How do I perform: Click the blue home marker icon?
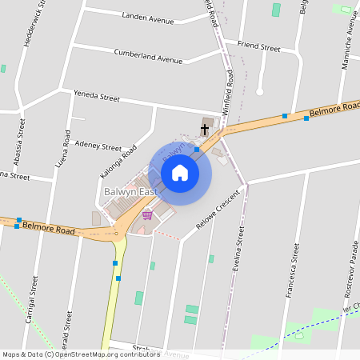click(x=180, y=173)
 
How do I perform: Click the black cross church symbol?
click(x=205, y=129)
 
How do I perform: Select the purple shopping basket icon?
click(x=147, y=214)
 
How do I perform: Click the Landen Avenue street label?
click(x=148, y=15)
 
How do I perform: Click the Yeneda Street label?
click(x=96, y=98)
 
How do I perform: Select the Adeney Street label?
click(x=97, y=147)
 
